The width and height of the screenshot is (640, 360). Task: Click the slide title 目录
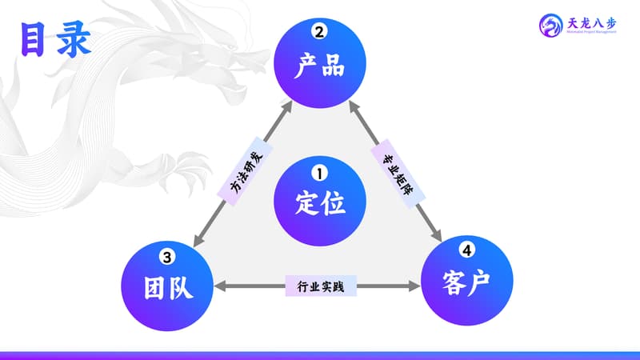point(55,40)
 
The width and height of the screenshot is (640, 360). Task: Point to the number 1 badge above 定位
point(320,172)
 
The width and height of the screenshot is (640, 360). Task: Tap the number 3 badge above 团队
point(167,257)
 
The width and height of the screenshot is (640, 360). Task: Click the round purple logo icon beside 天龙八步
point(550,26)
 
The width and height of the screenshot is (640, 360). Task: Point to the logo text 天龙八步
point(591,25)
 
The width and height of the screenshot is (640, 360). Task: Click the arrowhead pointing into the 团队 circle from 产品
point(198,242)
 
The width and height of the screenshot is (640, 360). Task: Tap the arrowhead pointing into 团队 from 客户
point(221,286)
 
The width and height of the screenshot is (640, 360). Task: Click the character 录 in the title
point(73,40)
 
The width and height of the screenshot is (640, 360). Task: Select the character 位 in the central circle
point(334,203)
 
